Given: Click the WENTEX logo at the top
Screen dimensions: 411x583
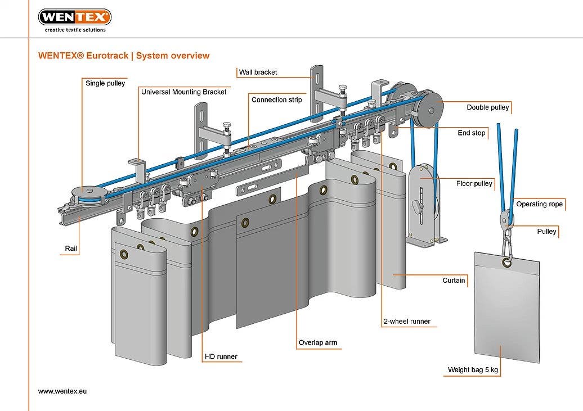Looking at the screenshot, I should pos(74,17).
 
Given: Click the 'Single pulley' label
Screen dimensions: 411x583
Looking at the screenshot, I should pos(105,83).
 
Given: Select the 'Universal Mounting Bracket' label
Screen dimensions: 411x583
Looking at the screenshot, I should pos(183,92).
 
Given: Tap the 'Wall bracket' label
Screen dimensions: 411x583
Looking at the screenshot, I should pos(258,72).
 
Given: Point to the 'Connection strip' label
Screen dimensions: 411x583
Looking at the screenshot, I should pos(276,100).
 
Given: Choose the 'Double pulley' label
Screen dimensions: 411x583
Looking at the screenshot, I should pos(487,107).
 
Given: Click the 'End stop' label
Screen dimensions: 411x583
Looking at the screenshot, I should pos(471,133).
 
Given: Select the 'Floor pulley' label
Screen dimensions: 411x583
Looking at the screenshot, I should pos(474,183).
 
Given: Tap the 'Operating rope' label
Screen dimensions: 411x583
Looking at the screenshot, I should pos(540,204).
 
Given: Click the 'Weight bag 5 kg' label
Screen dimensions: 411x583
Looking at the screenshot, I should pos(473,370).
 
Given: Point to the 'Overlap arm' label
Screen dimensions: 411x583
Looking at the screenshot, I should pos(318,342).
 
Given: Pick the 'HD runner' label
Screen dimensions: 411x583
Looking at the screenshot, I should pos(221,356).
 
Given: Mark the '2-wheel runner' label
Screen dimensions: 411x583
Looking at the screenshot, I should pos(406,322).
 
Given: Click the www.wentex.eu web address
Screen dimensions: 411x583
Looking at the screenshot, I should pos(62,391).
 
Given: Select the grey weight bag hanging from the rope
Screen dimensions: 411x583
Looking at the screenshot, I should pos(506,306).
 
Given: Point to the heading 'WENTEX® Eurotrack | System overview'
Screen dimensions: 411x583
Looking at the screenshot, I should pos(124,56).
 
